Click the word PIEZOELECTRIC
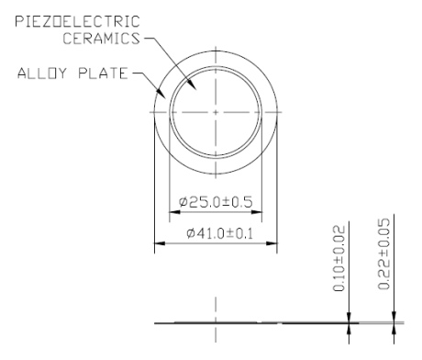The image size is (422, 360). point(72,20)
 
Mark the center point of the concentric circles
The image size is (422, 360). point(216,112)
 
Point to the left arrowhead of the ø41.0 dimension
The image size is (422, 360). point(157,243)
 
